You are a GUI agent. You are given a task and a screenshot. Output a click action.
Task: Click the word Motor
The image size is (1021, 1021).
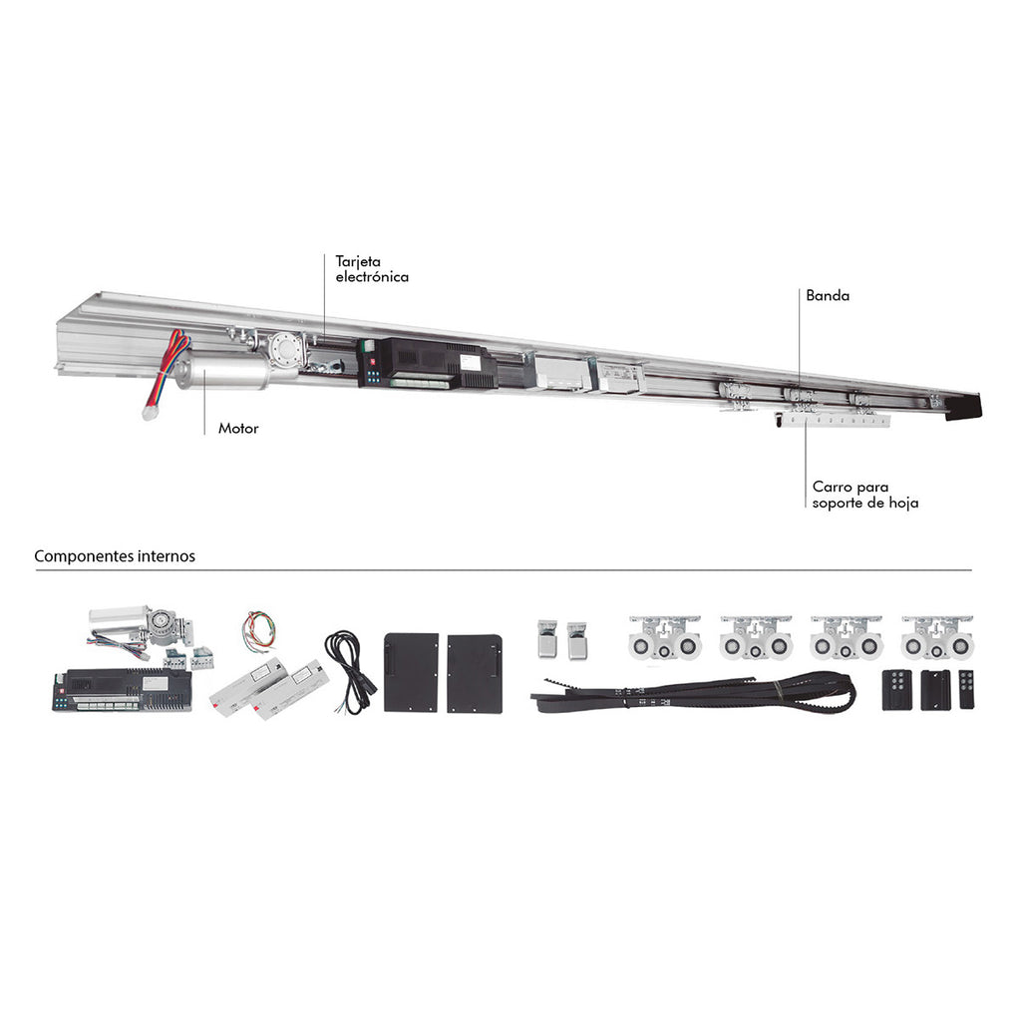pos(238,429)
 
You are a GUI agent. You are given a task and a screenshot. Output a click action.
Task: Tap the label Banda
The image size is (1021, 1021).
pos(828,295)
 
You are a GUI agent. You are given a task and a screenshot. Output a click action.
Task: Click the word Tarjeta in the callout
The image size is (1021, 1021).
pos(358,262)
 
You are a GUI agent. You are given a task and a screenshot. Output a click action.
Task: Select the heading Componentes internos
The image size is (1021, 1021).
pos(115,556)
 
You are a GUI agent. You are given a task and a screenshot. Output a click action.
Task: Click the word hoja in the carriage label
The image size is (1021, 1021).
pos(904,503)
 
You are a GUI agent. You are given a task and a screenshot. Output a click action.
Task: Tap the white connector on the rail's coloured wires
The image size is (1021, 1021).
pos(150,413)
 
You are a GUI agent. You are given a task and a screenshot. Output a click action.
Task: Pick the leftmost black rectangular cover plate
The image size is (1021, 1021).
pos(412,673)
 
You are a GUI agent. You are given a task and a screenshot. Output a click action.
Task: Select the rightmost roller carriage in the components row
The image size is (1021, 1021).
pos(937,638)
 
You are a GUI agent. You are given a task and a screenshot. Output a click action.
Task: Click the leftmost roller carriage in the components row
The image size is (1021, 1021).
pos(665,638)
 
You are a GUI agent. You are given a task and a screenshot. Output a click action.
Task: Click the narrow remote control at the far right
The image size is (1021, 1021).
pos(966,690)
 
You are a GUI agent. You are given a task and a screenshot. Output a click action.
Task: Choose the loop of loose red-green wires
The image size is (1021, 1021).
pos(259,631)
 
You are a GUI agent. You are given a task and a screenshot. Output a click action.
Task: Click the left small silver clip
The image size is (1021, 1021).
pos(547,639)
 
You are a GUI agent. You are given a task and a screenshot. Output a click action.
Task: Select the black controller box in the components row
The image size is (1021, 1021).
pos(123,690)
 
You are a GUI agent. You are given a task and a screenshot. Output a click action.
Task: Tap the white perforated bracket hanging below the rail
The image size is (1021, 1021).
pos(833,421)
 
